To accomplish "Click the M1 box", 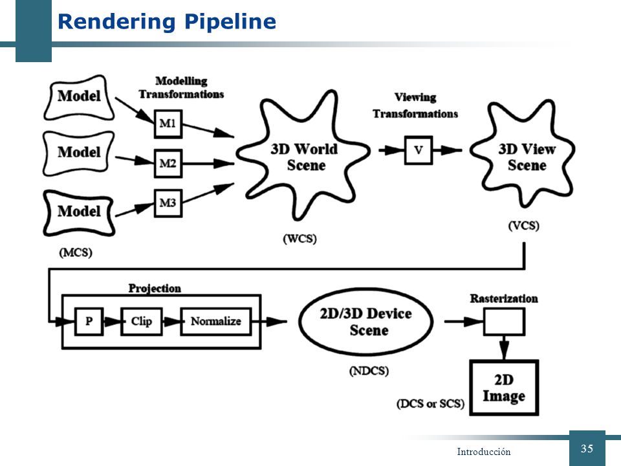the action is coord(168,124).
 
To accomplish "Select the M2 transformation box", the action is coord(168,163).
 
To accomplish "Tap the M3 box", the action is coord(168,203).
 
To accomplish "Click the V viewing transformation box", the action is coord(419,150).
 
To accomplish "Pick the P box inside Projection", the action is coord(89,322).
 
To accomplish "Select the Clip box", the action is coord(142,322).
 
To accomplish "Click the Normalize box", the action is coord(216,322).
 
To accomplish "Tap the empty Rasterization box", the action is coord(504,322).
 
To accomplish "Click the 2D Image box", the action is coord(504,388).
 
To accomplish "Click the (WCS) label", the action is coord(300,239).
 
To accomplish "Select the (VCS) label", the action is coord(523,225).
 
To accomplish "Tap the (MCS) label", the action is coord(76,252).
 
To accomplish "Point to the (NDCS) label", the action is coord(369,371).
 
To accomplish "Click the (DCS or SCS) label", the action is coord(430,404).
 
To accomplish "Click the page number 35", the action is coord(587,449).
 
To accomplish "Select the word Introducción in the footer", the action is coord(484,452).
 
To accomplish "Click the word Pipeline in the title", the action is coord(230,22).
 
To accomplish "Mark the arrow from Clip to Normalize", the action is coord(171,322).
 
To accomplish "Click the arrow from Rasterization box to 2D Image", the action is coord(504,348).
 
